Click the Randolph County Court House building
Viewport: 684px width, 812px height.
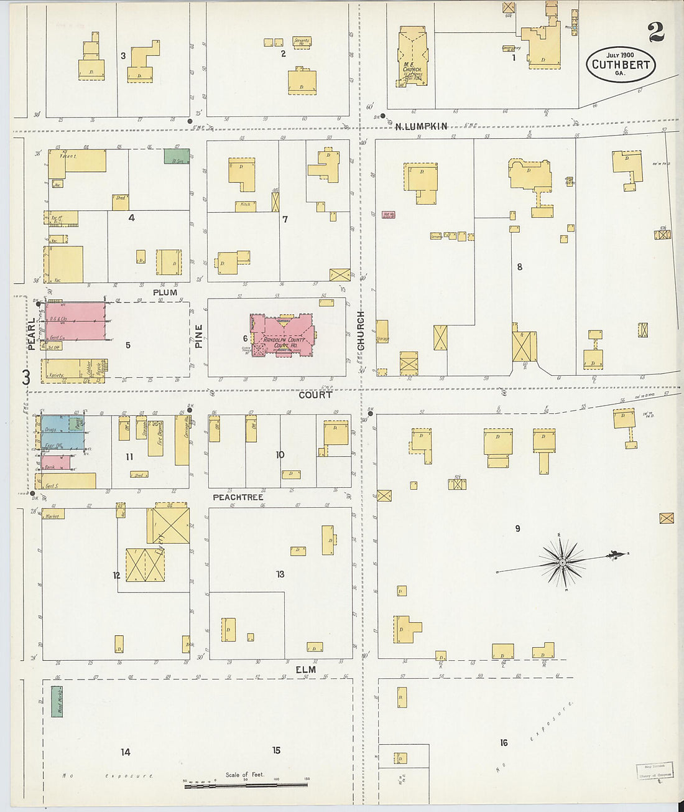click(x=282, y=335)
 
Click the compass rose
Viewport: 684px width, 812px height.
click(x=563, y=562)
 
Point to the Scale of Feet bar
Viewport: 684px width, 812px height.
click(x=246, y=785)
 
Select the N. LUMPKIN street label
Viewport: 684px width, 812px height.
click(x=421, y=126)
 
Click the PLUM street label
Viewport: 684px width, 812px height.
click(x=165, y=292)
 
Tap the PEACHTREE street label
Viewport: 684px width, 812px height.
click(x=238, y=497)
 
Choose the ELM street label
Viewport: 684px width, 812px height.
click(x=305, y=670)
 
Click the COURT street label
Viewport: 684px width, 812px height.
click(x=315, y=394)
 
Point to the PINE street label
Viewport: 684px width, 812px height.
click(x=199, y=335)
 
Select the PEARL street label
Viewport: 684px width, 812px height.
click(x=32, y=334)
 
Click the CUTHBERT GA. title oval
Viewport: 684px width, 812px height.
click(x=621, y=65)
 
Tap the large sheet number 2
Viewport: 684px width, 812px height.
click(x=655, y=32)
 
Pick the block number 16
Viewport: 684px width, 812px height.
click(x=504, y=742)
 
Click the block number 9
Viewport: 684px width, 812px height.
click(x=517, y=528)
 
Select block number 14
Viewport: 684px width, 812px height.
click(x=126, y=752)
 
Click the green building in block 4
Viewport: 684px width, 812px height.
click(x=177, y=156)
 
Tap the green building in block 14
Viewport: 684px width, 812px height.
click(x=57, y=701)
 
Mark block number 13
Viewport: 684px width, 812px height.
click(x=280, y=574)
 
